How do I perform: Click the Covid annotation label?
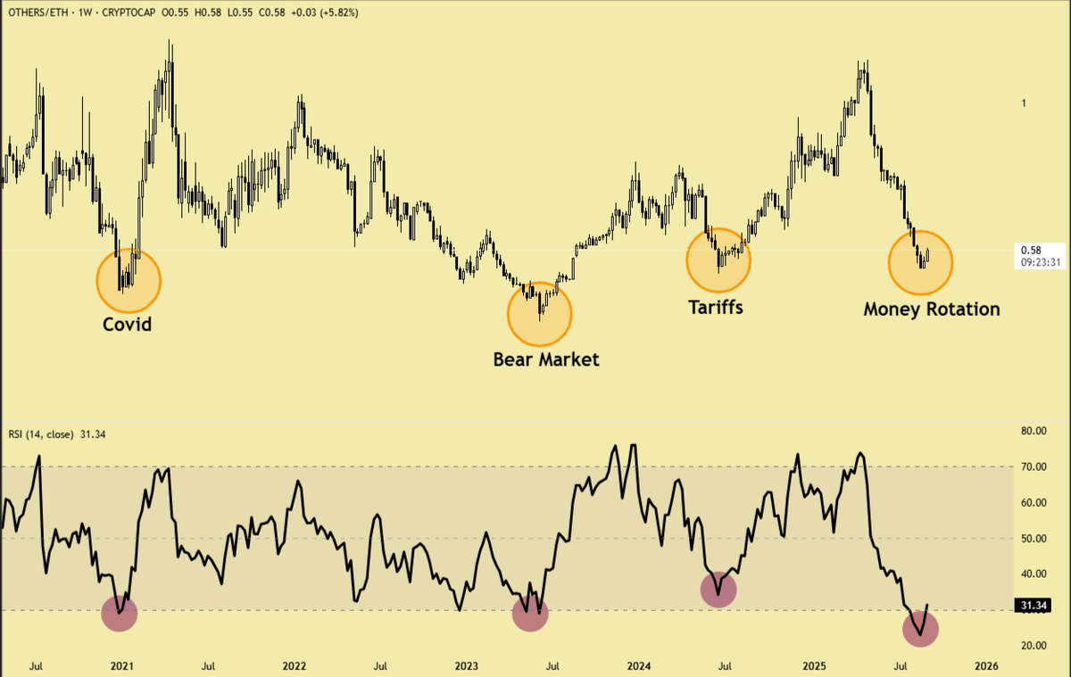click(128, 324)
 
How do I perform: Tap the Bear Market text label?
click(546, 359)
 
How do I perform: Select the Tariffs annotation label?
click(715, 307)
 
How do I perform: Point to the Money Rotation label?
click(932, 310)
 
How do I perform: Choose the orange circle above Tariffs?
click(718, 260)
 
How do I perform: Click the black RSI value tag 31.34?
click(1033, 607)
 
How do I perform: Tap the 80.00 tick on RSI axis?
click(1033, 431)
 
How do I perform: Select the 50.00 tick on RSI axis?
click(1033, 538)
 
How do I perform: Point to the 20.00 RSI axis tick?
click(1033, 646)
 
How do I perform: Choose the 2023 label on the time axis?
click(467, 665)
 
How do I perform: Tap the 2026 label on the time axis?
click(986, 665)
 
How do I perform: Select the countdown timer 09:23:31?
click(1042, 262)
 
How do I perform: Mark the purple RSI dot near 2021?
click(120, 613)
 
